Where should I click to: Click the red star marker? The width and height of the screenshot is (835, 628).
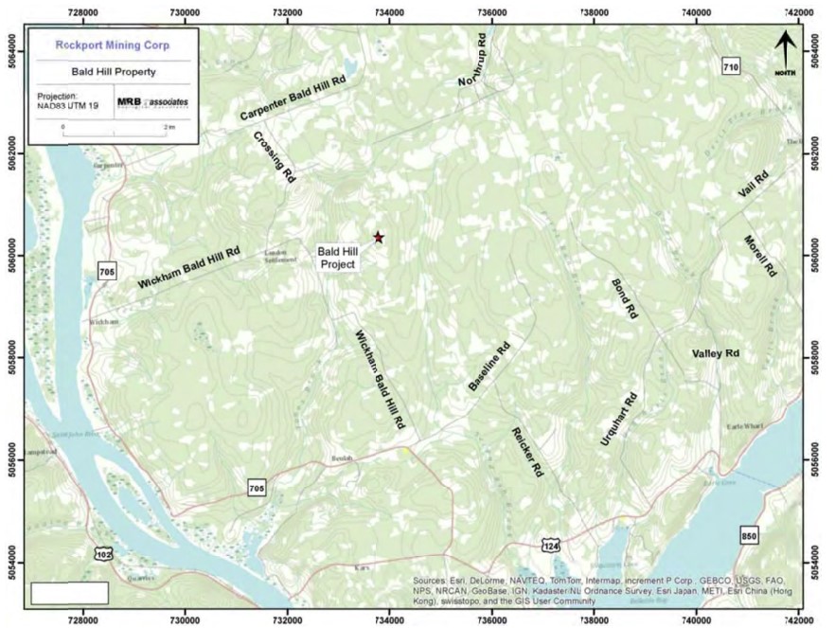(379, 237)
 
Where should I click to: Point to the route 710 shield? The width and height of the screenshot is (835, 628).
(730, 66)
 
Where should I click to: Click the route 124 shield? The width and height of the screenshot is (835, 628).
(550, 544)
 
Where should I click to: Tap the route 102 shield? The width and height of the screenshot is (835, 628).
(102, 552)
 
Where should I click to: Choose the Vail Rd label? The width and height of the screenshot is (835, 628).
(755, 180)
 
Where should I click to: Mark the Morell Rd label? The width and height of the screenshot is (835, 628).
(760, 255)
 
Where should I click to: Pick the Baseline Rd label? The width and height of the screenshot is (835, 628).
(489, 367)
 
